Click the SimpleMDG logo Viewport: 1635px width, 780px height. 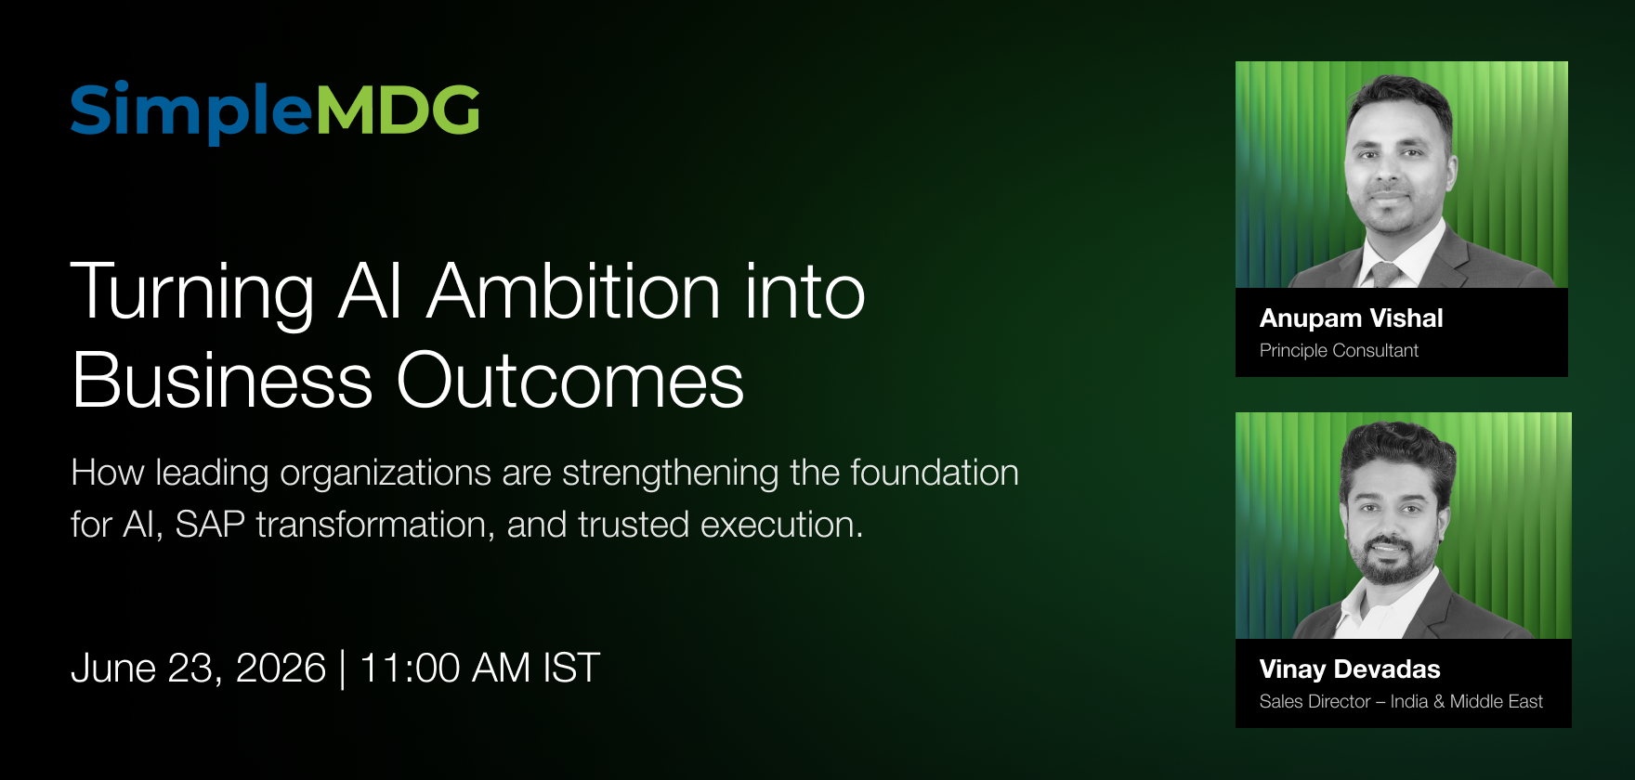[275, 111]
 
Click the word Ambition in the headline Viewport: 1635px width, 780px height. [573, 292]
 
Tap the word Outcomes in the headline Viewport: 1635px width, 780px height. [570, 381]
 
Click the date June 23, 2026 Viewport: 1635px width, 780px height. [199, 669]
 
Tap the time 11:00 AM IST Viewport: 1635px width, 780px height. [479, 669]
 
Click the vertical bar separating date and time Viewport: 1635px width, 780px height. [343, 669]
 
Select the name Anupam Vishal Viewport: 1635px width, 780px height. [1351, 318]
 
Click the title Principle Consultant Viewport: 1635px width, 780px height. [1339, 350]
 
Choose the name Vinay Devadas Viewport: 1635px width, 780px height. [1350, 669]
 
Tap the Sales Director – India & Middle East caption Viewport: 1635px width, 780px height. [1401, 701]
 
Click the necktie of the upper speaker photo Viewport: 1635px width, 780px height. [1384, 274]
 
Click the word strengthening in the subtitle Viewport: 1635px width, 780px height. [671, 474]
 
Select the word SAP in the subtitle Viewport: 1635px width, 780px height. [210, 525]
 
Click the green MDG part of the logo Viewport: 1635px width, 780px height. [399, 110]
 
